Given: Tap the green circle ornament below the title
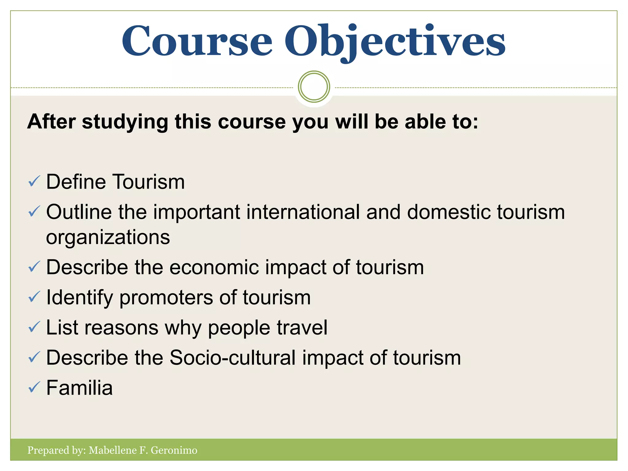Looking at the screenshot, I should coord(314,87).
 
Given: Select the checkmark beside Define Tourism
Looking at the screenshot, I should coord(34,181).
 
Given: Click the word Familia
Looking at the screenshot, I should coord(79,388).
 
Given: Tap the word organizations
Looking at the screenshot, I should coord(108,237).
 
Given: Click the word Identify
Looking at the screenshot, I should coord(79,298).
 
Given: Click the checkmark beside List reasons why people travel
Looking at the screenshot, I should coord(34,327).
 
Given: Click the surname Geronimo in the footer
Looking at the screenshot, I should coord(174,450).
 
